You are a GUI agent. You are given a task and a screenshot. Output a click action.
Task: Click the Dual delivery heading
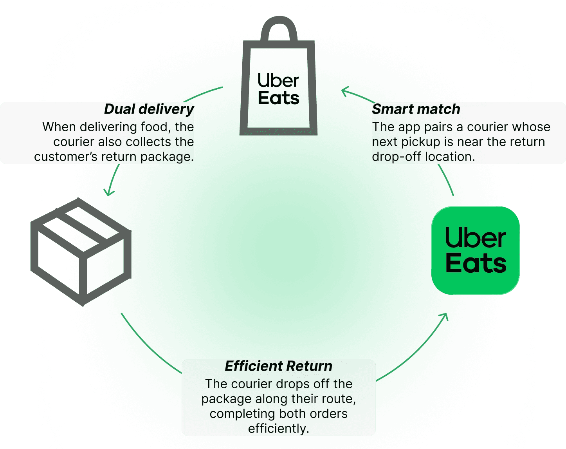pyautogui.click(x=149, y=109)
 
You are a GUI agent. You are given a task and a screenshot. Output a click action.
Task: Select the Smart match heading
pyautogui.click(x=416, y=109)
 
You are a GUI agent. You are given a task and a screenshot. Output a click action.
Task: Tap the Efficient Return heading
pyautogui.click(x=278, y=366)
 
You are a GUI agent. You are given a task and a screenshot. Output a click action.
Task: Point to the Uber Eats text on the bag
pyautogui.click(x=278, y=89)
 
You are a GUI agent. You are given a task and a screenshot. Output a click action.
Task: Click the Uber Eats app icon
pyautogui.click(x=475, y=250)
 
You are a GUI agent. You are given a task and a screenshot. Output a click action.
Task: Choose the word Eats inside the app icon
pyautogui.click(x=476, y=263)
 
